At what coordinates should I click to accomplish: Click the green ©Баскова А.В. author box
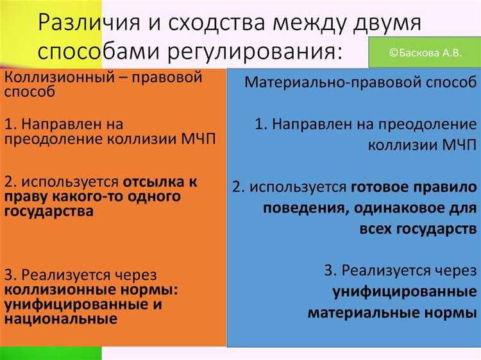425,53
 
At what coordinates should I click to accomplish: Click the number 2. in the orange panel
11,182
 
